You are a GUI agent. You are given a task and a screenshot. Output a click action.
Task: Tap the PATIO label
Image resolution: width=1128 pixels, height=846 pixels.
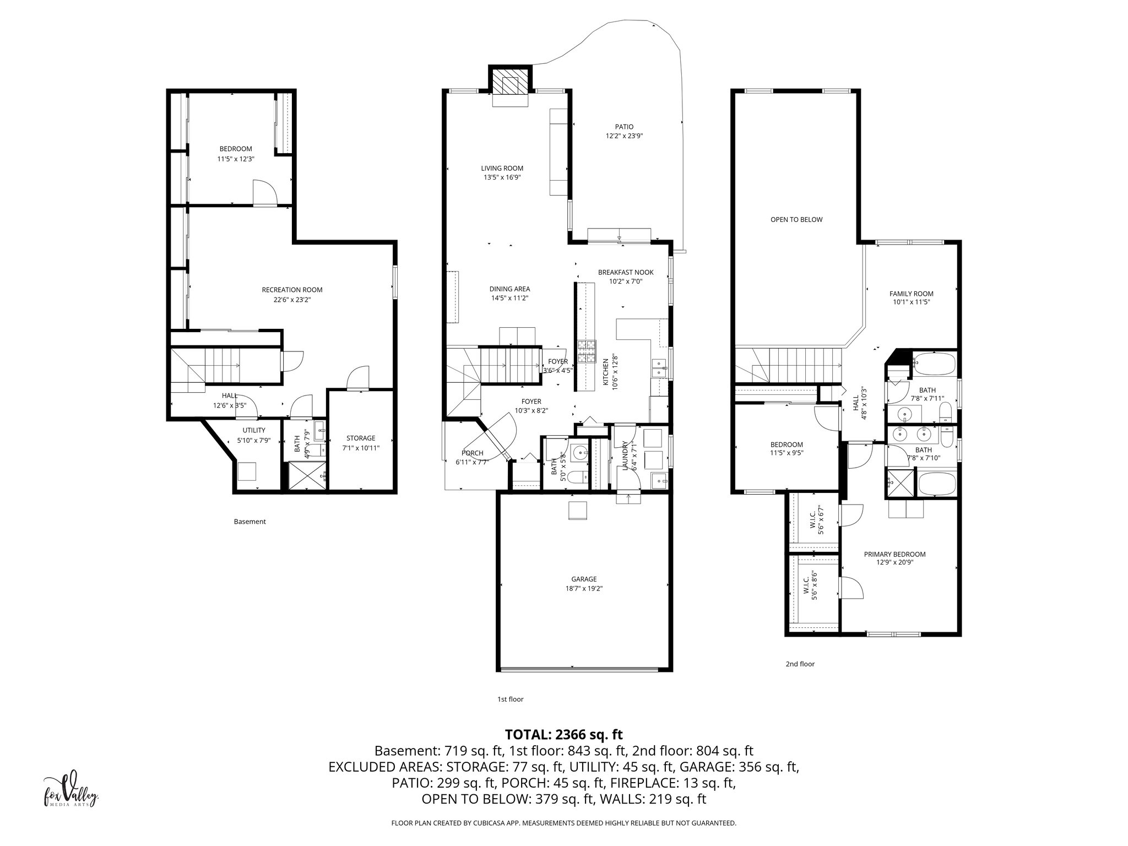[624, 127]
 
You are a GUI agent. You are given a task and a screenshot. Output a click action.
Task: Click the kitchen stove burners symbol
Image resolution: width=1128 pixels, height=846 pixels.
[587, 352]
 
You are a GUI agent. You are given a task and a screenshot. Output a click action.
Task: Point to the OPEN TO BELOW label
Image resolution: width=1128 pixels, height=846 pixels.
[796, 220]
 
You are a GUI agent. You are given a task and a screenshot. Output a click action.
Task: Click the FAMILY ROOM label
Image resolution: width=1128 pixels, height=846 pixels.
[911, 294]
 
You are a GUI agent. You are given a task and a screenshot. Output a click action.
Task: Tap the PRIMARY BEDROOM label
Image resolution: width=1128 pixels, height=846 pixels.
[894, 554]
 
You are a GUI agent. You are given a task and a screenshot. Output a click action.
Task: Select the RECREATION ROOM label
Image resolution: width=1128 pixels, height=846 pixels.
[292, 290]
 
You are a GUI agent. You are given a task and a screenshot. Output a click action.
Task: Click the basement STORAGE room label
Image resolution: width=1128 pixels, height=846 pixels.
[361, 438]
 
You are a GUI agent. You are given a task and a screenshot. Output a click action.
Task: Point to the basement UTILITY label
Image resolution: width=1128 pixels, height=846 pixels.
[254, 430]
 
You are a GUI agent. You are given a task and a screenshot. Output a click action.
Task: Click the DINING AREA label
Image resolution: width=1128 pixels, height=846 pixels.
[509, 289]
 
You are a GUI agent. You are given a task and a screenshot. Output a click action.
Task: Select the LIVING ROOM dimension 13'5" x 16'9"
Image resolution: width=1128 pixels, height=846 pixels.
[502, 177]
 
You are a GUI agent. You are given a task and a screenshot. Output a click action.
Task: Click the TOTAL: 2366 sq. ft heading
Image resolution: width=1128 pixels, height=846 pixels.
[563, 734]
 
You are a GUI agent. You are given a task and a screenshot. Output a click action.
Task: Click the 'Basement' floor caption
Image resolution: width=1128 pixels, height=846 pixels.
[250, 522]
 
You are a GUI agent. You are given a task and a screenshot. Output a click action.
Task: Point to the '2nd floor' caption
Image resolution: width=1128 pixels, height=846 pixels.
[800, 664]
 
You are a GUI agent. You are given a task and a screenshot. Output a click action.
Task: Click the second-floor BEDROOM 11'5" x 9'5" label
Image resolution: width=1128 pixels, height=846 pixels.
[786, 444]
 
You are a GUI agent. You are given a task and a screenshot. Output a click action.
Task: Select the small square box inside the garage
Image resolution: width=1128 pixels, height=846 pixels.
[578, 511]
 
